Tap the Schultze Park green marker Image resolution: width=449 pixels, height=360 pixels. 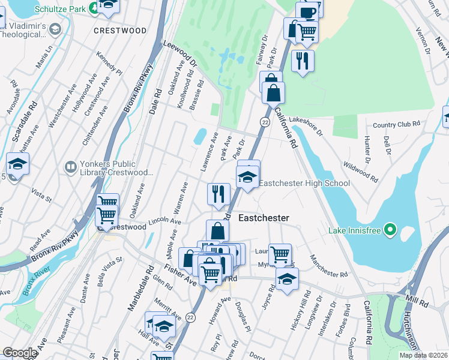(95, 8)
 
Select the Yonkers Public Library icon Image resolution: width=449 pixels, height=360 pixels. (70, 166)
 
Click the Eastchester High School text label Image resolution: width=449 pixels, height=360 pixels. (304, 183)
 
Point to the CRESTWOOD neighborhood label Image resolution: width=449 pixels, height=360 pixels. (120, 30)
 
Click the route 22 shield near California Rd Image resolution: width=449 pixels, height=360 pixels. (264, 122)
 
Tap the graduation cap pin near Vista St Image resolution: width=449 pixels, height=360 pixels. (18, 164)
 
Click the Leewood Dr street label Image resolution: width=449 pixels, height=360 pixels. (180, 54)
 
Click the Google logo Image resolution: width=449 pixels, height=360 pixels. (19, 353)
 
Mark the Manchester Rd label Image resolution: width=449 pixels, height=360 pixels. (328, 266)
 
